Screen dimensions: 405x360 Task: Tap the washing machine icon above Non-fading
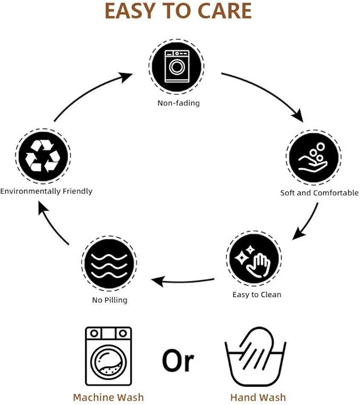(177, 66)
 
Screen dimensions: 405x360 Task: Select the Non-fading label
(179, 103)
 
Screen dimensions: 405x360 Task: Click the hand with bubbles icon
(314, 157)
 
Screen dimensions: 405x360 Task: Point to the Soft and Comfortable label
(319, 193)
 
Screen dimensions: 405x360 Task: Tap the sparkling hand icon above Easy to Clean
(254, 258)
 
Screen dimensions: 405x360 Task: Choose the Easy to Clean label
(257, 295)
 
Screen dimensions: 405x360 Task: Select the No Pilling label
(110, 300)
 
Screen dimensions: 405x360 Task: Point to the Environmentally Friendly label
(46, 191)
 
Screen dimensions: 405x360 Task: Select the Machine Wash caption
(108, 397)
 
